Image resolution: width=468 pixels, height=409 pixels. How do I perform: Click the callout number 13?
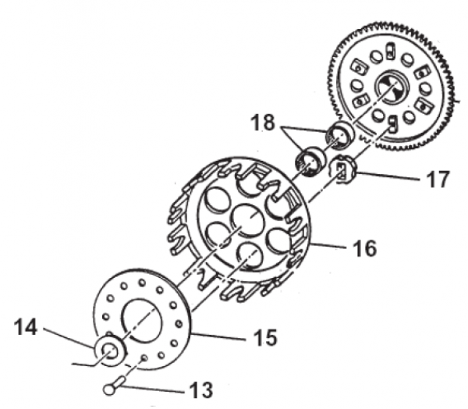(x=200, y=389)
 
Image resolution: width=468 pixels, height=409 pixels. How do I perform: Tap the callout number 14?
(x=26, y=327)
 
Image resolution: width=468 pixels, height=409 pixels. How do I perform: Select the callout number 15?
(x=265, y=337)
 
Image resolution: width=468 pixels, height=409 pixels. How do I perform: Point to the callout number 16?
(x=364, y=247)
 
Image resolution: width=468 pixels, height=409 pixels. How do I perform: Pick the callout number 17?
(x=438, y=179)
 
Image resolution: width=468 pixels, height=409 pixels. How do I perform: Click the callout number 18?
(x=263, y=123)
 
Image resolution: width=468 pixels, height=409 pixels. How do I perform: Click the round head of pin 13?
(x=110, y=389)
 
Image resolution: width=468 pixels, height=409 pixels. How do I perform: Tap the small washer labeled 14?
(x=109, y=350)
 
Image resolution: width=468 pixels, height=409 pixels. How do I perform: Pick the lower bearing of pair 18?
(x=310, y=162)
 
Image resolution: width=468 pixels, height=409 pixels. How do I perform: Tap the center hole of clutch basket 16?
(x=248, y=220)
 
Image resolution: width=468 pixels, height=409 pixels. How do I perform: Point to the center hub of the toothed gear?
(x=392, y=89)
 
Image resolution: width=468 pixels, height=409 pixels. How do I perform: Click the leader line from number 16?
(x=328, y=245)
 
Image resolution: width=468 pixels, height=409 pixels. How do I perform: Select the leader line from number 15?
(x=219, y=336)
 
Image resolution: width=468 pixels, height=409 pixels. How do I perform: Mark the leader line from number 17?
(x=387, y=176)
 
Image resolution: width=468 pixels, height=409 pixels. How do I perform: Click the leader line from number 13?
(x=153, y=389)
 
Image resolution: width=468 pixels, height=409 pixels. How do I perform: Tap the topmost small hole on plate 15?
(x=142, y=282)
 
